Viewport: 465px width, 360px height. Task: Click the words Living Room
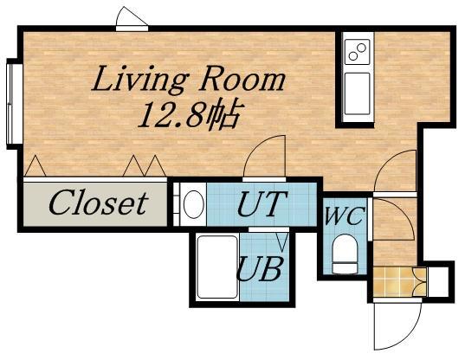point(189,79)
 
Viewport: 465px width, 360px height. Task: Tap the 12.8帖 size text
point(189,116)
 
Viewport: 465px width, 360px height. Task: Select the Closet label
point(98,203)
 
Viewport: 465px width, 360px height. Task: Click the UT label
point(262,204)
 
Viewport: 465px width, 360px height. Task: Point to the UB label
point(259,268)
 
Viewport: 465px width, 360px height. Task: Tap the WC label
point(344,216)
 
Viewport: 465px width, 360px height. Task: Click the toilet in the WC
point(345,254)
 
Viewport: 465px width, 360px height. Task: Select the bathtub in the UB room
point(217,267)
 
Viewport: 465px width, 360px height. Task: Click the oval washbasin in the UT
point(193,204)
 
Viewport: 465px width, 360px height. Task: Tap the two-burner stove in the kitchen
point(357,52)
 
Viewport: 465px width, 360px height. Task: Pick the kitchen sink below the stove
point(357,93)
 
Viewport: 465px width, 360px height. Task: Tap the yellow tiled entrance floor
point(393,282)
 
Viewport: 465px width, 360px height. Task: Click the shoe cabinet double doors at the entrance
point(420,282)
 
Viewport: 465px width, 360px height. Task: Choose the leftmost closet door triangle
point(36,166)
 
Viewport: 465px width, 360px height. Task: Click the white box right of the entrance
point(438,282)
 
